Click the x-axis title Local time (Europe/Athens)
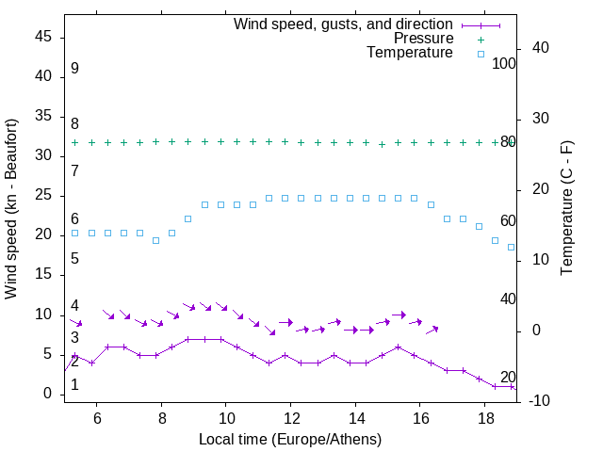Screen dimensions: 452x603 [290, 440]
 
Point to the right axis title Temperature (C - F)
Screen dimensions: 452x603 [566, 209]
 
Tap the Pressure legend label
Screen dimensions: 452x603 [424, 39]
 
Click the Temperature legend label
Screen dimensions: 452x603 [410, 53]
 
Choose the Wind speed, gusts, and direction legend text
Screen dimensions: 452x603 [344, 24]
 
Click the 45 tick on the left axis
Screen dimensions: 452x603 [43, 37]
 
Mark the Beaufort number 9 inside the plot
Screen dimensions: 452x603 [74, 69]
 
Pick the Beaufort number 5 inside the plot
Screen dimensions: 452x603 [74, 259]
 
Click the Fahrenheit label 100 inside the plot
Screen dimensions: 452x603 [504, 63]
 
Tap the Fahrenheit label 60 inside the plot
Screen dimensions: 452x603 [508, 220]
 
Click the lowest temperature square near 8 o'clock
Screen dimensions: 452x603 [155, 240]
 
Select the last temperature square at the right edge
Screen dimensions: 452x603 [512, 248]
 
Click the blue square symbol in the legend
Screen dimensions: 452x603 [481, 54]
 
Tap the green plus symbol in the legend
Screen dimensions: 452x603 [481, 40]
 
